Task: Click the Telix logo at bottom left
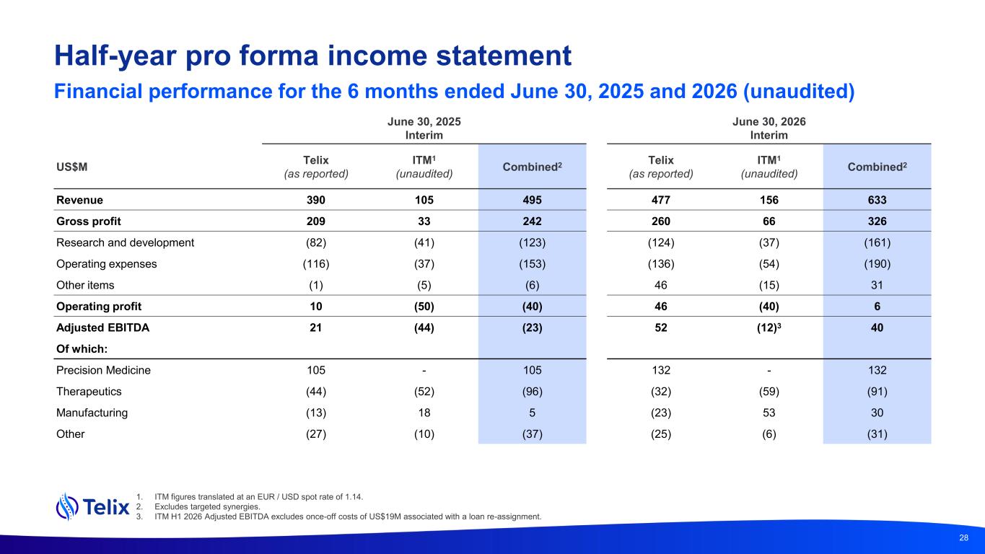coord(93,507)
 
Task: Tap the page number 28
coord(963,537)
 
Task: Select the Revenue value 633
coord(877,200)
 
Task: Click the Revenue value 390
coord(316,200)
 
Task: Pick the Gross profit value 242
coord(532,221)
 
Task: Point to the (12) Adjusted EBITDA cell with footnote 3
coord(769,327)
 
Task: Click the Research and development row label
coord(125,242)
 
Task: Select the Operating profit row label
coord(98,307)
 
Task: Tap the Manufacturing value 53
coord(769,413)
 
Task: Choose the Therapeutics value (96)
coord(532,391)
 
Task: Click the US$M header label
coord(71,167)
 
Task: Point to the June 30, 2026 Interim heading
coord(769,128)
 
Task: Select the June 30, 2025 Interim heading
coord(424,128)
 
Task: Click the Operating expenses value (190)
coord(877,264)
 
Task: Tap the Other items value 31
coord(877,286)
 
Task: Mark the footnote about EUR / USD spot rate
coord(258,497)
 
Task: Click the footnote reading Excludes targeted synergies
coord(207,506)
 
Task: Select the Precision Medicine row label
coord(103,370)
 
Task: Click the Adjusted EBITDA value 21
coord(316,327)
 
